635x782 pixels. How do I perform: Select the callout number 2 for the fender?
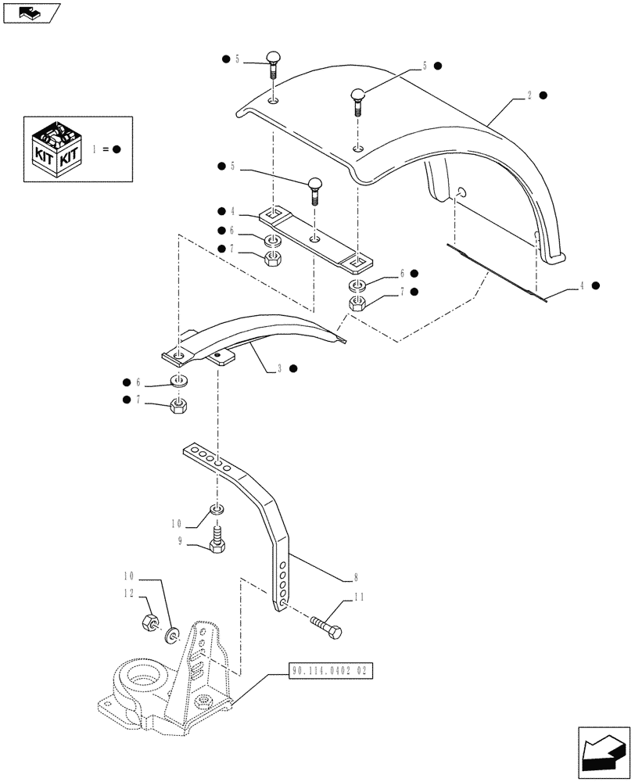(529, 95)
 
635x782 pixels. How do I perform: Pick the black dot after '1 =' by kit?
(116, 149)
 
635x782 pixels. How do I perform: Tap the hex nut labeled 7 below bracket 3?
(179, 406)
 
